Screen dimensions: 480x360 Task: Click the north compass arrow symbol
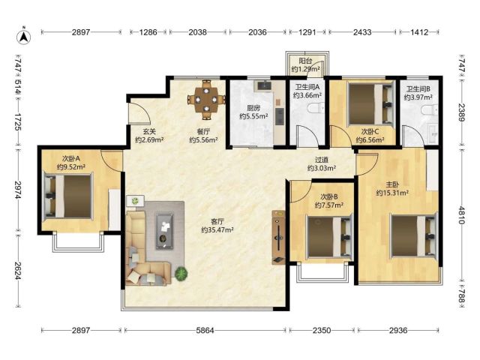(x=24, y=37)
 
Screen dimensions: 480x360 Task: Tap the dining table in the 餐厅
(x=207, y=100)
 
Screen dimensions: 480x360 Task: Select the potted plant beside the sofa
(x=181, y=273)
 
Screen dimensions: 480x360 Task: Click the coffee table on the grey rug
(x=165, y=231)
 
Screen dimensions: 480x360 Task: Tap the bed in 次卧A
(x=68, y=196)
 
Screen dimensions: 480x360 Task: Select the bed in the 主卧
(x=413, y=235)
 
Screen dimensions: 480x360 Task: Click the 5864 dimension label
(x=205, y=330)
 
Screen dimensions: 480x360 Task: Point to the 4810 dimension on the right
(x=462, y=215)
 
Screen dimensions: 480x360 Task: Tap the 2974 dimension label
(x=18, y=190)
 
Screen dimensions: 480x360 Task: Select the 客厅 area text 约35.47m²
(x=217, y=229)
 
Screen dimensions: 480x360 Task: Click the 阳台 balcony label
(x=305, y=61)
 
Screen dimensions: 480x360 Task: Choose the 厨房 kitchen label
(x=253, y=108)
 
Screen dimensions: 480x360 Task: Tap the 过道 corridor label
(x=322, y=160)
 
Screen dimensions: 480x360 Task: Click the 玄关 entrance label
(x=149, y=132)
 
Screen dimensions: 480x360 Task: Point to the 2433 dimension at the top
(x=362, y=31)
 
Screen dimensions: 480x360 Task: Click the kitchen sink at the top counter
(x=264, y=85)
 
